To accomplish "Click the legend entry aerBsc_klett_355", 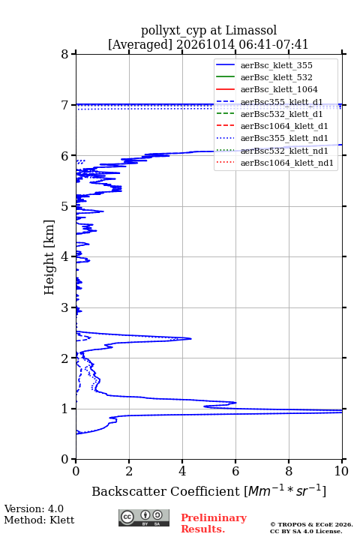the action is (x=277, y=65).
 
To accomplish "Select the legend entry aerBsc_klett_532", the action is (x=277, y=77).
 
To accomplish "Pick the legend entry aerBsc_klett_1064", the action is (x=279, y=89).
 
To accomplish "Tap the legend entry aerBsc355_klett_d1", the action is (x=281, y=102).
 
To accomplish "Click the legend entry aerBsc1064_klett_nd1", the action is (x=287, y=163).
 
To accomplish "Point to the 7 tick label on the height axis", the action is (x=65, y=105).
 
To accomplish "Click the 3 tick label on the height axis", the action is (x=65, y=307).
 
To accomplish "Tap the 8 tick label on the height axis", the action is (x=65, y=54).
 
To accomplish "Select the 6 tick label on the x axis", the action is (x=235, y=471).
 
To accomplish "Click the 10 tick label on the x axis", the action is (x=342, y=471).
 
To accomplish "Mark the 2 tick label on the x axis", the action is (x=129, y=471).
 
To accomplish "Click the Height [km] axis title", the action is (x=49, y=257).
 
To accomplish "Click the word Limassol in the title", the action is (x=251, y=31).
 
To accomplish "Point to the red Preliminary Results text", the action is (x=214, y=523).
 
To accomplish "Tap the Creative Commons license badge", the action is (x=144, y=518).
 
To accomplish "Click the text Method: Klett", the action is (x=39, y=520).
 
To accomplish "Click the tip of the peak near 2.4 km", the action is (x=191, y=338).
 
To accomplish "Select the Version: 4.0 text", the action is (x=34, y=509).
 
